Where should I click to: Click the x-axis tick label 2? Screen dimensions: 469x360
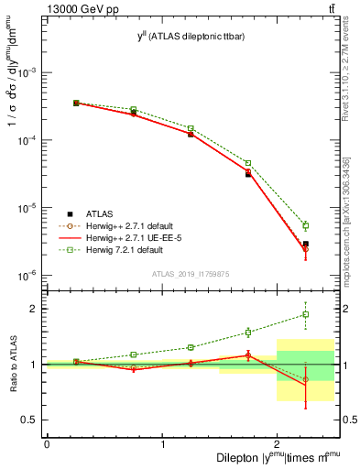click(x=278, y=444)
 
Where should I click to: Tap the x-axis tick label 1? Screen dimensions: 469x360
click(x=162, y=444)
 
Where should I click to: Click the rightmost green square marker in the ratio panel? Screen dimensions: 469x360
click(x=306, y=314)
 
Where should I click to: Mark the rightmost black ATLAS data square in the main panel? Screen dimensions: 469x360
click(x=306, y=244)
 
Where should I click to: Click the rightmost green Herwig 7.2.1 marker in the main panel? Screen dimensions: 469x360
click(x=306, y=225)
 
